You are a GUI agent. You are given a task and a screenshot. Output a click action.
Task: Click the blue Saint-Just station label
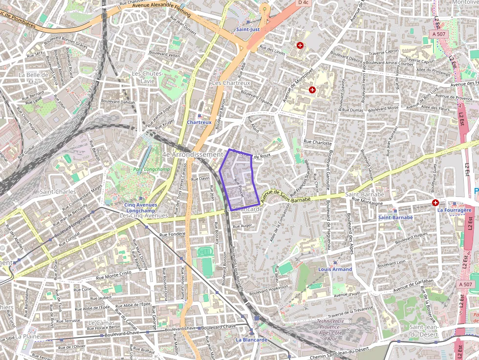247,29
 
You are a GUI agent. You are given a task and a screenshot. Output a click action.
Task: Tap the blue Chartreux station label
199,122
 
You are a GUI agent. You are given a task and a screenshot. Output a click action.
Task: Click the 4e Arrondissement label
192,154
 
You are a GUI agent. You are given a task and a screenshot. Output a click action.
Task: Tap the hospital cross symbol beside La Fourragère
435,203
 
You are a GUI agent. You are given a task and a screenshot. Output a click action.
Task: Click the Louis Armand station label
335,269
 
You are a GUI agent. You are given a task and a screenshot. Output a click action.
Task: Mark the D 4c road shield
304,2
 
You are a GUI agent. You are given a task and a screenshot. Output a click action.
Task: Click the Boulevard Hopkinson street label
269,291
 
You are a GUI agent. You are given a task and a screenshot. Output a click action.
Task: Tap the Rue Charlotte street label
318,143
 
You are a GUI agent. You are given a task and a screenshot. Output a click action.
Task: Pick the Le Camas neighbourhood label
101,323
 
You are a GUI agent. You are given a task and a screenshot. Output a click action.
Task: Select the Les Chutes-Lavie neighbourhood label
147,77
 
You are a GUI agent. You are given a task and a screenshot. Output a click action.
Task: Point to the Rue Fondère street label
171,233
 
